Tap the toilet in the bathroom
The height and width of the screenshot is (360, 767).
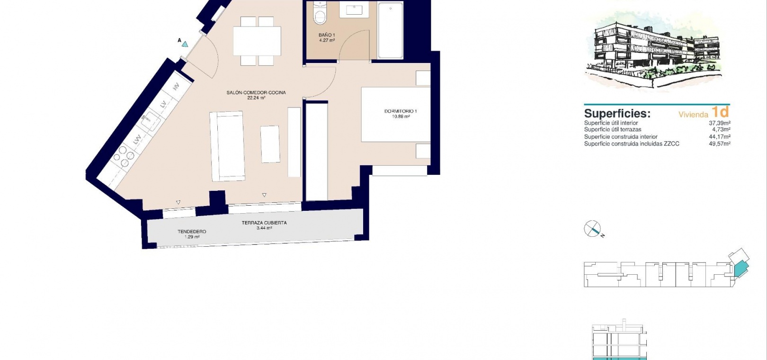pos(320,13)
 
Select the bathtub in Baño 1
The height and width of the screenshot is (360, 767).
pos(390,30)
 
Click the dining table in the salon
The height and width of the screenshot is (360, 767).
pos(257,41)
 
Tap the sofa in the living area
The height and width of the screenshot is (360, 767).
pos(227,146)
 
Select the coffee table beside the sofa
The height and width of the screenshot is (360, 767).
pos(270,144)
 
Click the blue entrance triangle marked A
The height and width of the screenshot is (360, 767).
pos(185,44)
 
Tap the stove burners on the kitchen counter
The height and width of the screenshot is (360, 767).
pos(124,157)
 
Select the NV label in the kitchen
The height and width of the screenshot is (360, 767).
pos(176,87)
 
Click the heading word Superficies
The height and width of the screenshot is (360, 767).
pos(617,113)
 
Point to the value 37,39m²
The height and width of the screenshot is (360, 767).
pos(720,123)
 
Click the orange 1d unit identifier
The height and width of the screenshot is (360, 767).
pos(721,112)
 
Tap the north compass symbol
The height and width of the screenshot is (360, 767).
pos(593,229)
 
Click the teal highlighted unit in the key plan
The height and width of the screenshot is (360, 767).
pos(741,268)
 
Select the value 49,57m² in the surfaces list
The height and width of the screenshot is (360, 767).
pos(720,144)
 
